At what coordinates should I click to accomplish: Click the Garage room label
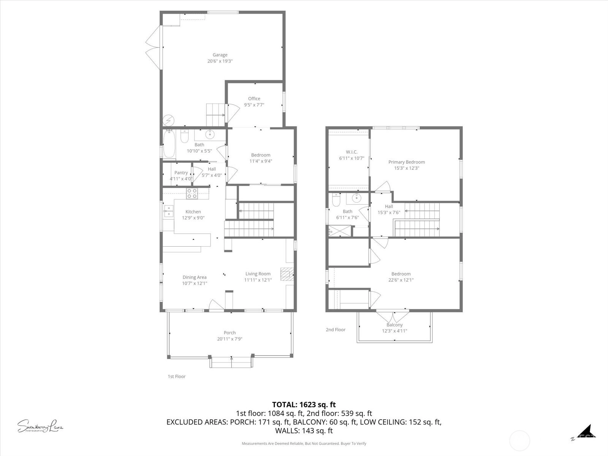tap(220, 55)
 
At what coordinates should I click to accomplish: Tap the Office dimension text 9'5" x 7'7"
tap(254, 104)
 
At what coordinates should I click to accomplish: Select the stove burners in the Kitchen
tap(192, 193)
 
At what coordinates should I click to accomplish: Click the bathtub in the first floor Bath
tap(169, 144)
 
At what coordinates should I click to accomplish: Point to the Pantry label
tap(181, 173)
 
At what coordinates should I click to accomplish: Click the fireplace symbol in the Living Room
tap(287, 274)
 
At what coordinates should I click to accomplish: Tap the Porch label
tap(230, 332)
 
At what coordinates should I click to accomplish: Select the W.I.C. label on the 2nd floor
tap(351, 152)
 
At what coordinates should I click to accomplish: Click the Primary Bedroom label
tap(406, 162)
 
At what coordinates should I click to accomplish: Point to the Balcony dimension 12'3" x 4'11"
tap(394, 331)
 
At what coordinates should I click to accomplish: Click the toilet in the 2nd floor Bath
tap(336, 200)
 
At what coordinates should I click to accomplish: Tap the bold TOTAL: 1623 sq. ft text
tap(304, 404)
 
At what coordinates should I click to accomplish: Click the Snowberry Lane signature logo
tap(40, 426)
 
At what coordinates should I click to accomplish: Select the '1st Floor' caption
tap(176, 376)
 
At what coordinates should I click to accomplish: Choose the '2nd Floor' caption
tap(336, 329)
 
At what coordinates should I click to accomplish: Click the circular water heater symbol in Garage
tap(168, 120)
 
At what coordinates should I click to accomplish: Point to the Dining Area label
tap(195, 277)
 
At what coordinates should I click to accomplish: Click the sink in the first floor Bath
tap(210, 135)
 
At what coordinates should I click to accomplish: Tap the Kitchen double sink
tap(169, 211)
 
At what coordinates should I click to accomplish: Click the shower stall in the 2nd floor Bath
tap(340, 231)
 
